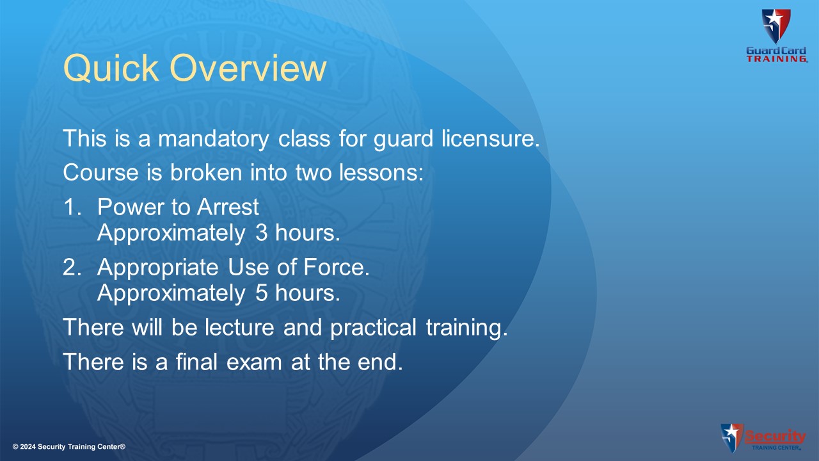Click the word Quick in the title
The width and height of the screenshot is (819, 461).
pyautogui.click(x=111, y=68)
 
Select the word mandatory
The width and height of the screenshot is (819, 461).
pyautogui.click(x=214, y=139)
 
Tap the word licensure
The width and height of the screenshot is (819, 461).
pyautogui.click(x=491, y=138)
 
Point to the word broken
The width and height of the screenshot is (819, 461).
pyautogui.click(x=206, y=172)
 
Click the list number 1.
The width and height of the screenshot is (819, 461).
pyautogui.click(x=72, y=206)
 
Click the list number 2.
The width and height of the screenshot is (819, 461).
pyautogui.click(x=72, y=267)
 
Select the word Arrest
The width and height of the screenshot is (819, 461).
pyautogui.click(x=228, y=207)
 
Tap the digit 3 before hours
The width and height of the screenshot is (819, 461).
pyautogui.click(x=262, y=232)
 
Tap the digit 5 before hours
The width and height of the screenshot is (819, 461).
pyautogui.click(x=262, y=293)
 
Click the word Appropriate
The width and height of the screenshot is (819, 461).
pyautogui.click(x=158, y=268)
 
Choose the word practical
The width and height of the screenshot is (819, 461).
pyautogui.click(x=373, y=328)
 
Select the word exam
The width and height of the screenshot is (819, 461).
pyautogui.click(x=254, y=362)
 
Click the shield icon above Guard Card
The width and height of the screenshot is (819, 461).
pyautogui.click(x=776, y=26)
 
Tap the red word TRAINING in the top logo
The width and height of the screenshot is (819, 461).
pyautogui.click(x=777, y=59)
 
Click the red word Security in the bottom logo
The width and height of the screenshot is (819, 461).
pyautogui.click(x=775, y=436)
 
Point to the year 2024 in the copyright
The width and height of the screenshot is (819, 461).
pyautogui.click(x=28, y=447)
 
